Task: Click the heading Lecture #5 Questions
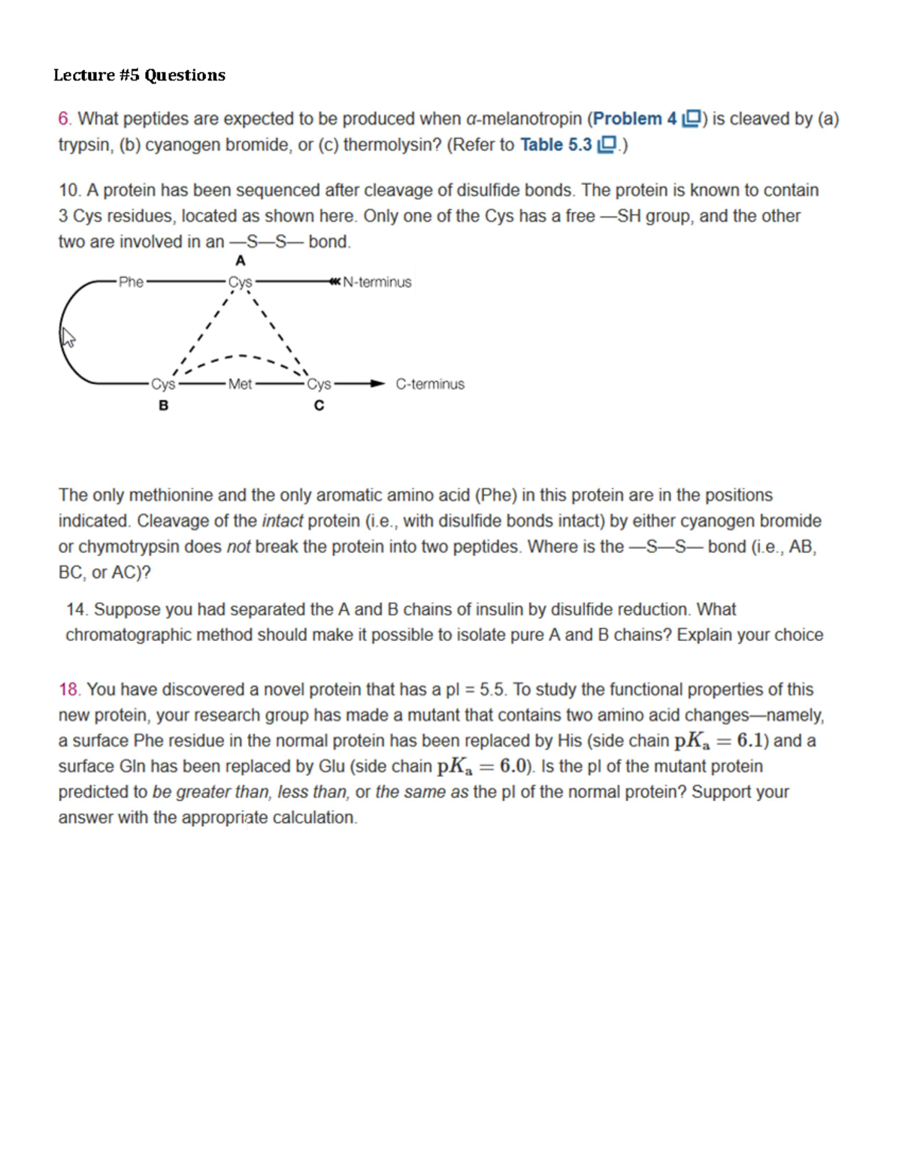139,75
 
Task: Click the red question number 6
65,119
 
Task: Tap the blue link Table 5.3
556,144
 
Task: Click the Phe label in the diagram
131,282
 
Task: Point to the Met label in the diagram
240,384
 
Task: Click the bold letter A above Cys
240,261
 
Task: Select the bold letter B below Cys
163,406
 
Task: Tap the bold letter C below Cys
319,406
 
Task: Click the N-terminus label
377,283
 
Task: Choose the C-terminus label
430,384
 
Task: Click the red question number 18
69,689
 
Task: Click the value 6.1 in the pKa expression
752,740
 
